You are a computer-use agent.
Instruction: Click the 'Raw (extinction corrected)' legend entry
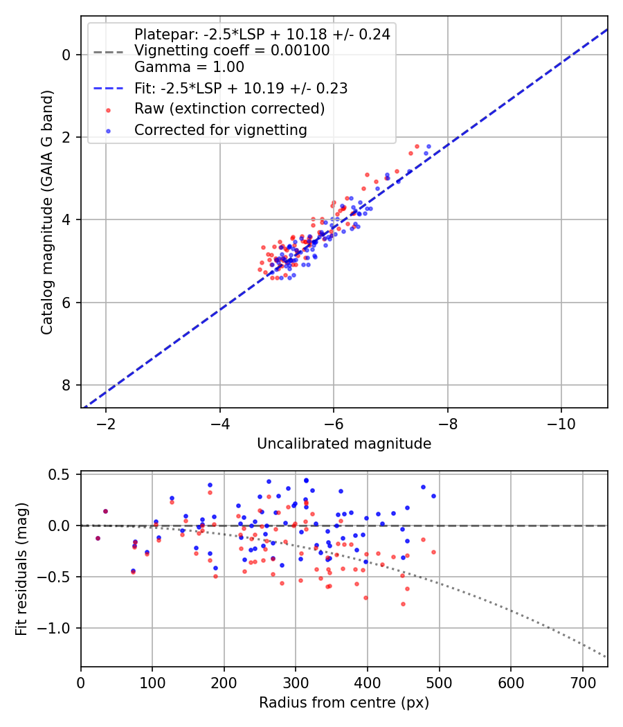click(229, 109)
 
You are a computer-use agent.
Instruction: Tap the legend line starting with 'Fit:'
click(240, 88)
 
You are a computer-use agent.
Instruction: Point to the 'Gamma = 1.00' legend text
click(189, 67)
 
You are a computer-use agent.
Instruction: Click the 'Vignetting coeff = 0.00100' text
click(232, 51)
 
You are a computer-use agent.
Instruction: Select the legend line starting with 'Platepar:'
click(262, 34)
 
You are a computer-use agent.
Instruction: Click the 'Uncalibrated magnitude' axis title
click(344, 444)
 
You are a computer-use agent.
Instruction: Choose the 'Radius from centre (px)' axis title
click(344, 703)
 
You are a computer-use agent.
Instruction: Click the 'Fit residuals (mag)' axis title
click(21, 569)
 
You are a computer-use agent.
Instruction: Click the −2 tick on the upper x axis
click(106, 423)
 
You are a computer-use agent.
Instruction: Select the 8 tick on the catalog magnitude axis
click(68, 385)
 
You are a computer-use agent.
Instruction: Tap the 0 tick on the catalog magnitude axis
click(68, 55)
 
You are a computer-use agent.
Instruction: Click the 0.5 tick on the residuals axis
click(63, 474)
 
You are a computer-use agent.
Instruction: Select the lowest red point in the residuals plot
click(403, 604)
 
